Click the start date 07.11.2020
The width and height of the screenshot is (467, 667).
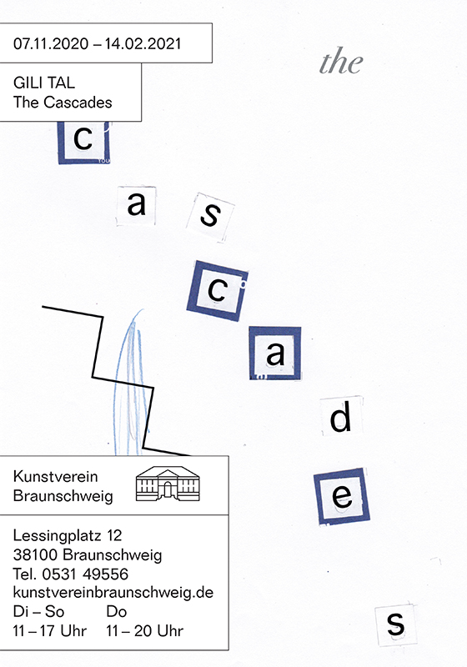point(51,44)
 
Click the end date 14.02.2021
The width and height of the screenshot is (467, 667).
point(143,44)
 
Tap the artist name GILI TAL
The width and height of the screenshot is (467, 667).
point(44,83)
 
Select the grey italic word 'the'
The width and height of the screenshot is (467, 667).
point(341,62)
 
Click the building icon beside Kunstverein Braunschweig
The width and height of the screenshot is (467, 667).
point(168,484)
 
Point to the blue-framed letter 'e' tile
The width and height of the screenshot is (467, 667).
point(342,496)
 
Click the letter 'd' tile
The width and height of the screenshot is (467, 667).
point(342,416)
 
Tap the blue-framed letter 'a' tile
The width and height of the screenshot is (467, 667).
point(275,353)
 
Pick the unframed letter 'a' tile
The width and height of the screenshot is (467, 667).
point(137,205)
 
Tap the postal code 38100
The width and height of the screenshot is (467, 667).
point(35,554)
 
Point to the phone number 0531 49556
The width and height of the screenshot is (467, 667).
point(85,574)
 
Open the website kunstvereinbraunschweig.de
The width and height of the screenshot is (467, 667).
point(113,593)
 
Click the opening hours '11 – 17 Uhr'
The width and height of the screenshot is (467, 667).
point(50,630)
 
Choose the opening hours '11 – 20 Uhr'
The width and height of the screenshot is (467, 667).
point(144,630)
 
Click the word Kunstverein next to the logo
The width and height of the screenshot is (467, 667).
point(55,476)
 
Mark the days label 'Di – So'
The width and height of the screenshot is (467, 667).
point(38,612)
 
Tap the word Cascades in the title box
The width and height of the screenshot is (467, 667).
point(78,103)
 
